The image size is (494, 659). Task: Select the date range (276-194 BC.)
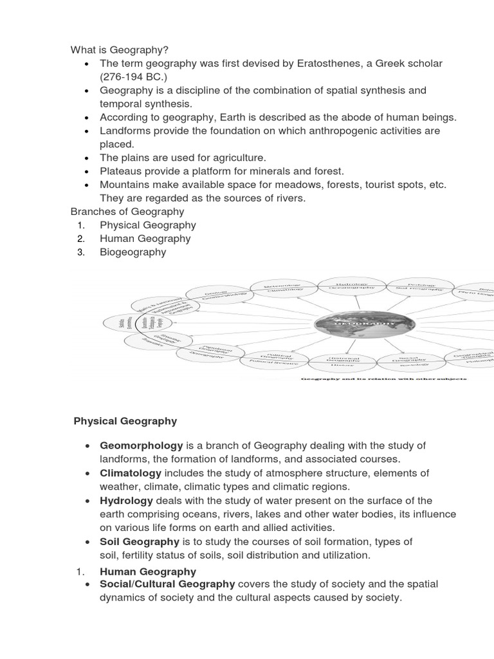(x=133, y=77)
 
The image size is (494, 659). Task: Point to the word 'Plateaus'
(x=121, y=171)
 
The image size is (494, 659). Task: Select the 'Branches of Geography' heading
(x=127, y=211)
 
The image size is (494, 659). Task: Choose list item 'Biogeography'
(x=133, y=252)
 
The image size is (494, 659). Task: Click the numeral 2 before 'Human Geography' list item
(x=80, y=238)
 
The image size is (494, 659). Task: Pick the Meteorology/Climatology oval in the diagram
(x=284, y=288)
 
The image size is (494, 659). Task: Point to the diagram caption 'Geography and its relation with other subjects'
(x=385, y=378)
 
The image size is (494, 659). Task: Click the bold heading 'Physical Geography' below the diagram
(x=125, y=422)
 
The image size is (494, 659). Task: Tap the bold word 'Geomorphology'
(x=142, y=445)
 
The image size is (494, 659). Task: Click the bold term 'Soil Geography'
(x=140, y=542)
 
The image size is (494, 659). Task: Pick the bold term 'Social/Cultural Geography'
(x=167, y=584)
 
